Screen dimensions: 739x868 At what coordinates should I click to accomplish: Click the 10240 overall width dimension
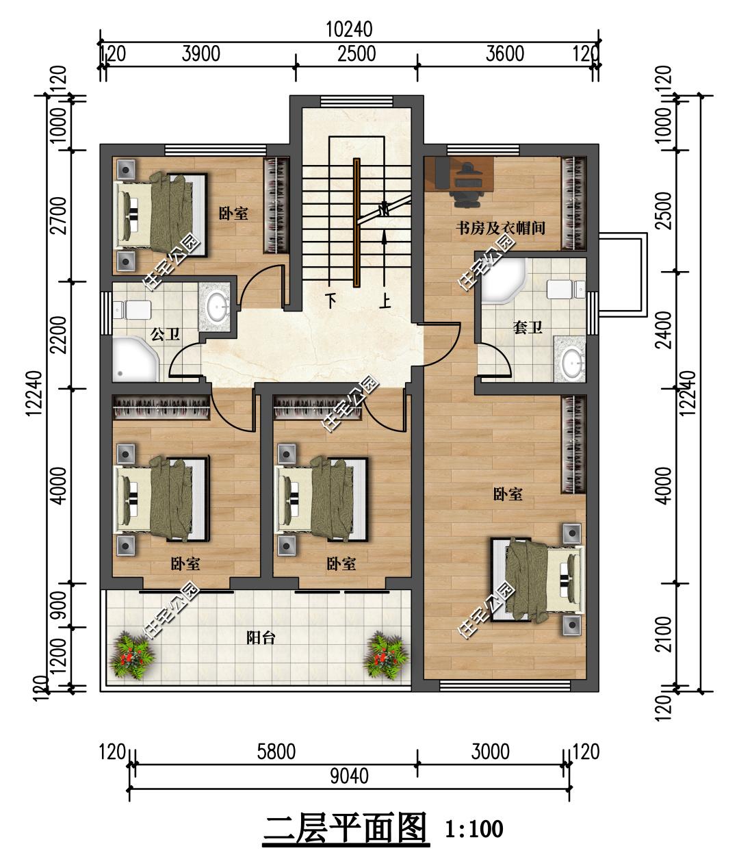(350, 30)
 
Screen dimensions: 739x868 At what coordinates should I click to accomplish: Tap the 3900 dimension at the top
(200, 54)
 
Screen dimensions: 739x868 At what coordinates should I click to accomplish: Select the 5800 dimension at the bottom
(276, 752)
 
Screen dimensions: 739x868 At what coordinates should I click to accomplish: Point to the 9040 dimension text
(350, 776)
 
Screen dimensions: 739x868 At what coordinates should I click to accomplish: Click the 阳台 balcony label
(261, 638)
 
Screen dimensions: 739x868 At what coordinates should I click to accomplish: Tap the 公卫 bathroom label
(166, 334)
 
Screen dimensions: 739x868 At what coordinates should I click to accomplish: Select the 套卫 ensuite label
(528, 327)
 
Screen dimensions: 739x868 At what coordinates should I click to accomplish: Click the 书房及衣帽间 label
(500, 228)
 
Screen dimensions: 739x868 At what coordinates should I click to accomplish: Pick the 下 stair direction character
(331, 301)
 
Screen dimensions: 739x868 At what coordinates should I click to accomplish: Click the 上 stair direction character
(385, 301)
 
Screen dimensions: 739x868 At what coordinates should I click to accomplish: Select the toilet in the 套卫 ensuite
(566, 290)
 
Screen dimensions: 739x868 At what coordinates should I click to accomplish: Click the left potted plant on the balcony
(131, 655)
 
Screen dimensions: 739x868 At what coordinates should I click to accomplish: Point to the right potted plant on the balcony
(386, 655)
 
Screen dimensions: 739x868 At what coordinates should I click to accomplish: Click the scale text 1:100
(474, 830)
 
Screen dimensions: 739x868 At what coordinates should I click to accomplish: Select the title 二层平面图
(345, 829)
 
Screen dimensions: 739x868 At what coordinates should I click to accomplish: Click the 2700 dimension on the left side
(60, 215)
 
